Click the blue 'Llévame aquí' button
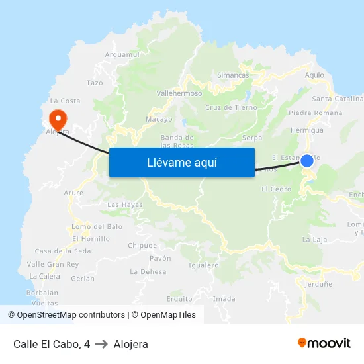(181, 162)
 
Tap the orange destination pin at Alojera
(58, 119)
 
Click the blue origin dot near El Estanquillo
(307, 160)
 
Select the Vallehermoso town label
(179, 94)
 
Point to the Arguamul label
(122, 54)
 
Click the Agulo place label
(314, 75)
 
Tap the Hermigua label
(307, 130)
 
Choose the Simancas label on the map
(233, 75)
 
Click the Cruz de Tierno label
(231, 107)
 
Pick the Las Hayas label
(124, 205)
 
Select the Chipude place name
(142, 245)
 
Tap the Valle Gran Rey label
(53, 264)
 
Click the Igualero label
(203, 265)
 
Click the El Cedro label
(276, 189)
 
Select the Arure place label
(73, 193)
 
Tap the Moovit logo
(324, 343)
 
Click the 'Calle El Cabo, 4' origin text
(52, 344)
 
